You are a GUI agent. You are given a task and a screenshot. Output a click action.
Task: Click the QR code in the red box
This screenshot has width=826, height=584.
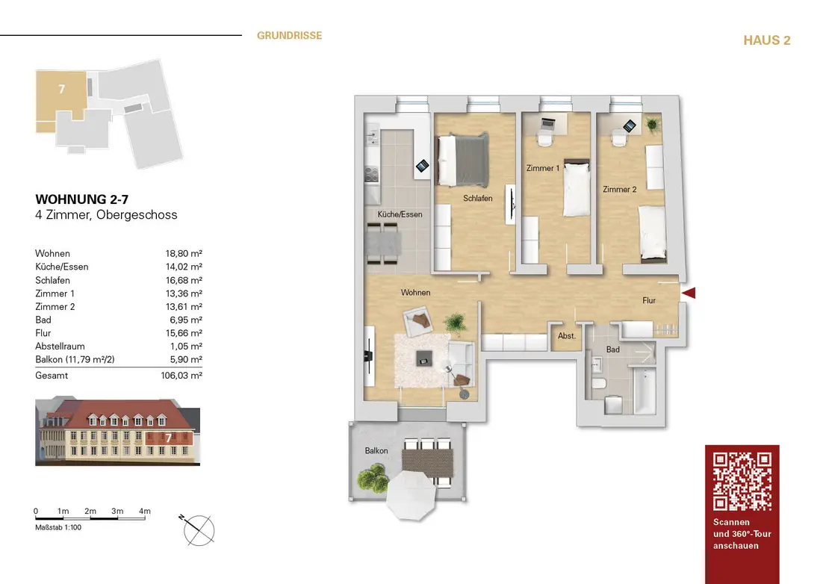(742, 481)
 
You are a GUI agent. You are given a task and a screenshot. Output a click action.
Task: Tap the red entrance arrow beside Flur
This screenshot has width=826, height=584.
(689, 293)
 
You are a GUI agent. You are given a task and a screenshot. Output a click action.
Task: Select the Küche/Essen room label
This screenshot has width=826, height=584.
(400, 214)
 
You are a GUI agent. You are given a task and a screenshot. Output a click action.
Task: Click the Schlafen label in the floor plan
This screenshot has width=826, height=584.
(477, 199)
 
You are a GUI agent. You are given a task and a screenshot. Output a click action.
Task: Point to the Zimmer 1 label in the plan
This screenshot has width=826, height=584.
(542, 169)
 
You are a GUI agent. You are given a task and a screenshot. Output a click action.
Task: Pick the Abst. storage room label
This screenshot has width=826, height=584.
(567, 336)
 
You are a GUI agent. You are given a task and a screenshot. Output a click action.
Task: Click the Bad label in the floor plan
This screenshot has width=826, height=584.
(612, 350)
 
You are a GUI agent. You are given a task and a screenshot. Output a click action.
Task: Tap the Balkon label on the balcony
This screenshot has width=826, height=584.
(376, 451)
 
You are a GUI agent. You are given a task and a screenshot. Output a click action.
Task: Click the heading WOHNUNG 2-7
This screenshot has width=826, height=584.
(76, 199)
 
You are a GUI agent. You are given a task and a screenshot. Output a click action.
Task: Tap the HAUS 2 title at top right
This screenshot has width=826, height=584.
(766, 40)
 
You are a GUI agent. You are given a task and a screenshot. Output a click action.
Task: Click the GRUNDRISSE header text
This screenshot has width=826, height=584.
(289, 35)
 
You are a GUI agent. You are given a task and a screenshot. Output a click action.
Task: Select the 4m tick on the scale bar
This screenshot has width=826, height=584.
(145, 512)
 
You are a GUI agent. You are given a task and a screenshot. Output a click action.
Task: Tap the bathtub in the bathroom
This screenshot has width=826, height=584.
(643, 388)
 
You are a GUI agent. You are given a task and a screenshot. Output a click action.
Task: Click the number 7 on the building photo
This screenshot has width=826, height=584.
(169, 438)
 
